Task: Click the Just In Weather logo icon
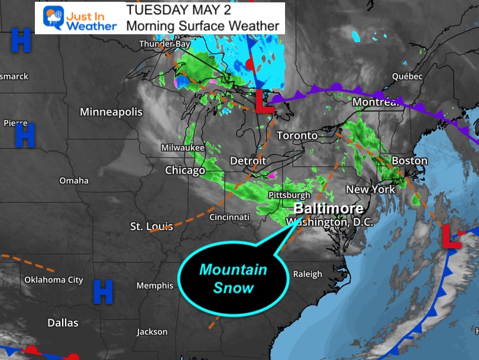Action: [53, 18]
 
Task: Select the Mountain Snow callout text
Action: [233, 279]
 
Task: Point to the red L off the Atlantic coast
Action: [452, 236]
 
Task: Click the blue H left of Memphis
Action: [103, 292]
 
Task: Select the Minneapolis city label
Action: [111, 112]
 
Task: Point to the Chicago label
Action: [185, 171]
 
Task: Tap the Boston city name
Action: [409, 161]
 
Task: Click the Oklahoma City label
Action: [53, 280]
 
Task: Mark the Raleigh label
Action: [308, 274]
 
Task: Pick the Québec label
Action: [407, 76]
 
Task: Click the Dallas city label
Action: [63, 323]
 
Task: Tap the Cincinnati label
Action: [229, 217]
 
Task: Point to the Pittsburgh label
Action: [289, 195]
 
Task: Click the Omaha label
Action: [74, 180]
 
